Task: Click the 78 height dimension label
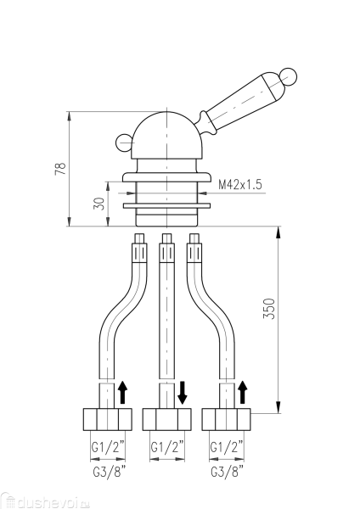pos(60,169)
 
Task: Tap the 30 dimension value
pos(99,204)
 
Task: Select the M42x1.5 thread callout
pos(240,185)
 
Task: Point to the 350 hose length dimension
pos(269,309)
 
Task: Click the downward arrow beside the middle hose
pos(183,393)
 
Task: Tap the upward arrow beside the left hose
pos(122,393)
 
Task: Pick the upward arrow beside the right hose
pos(242,393)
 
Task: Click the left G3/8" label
pos(109,472)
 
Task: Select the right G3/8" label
pos(227,472)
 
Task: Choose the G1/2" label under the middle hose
pos(167,447)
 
